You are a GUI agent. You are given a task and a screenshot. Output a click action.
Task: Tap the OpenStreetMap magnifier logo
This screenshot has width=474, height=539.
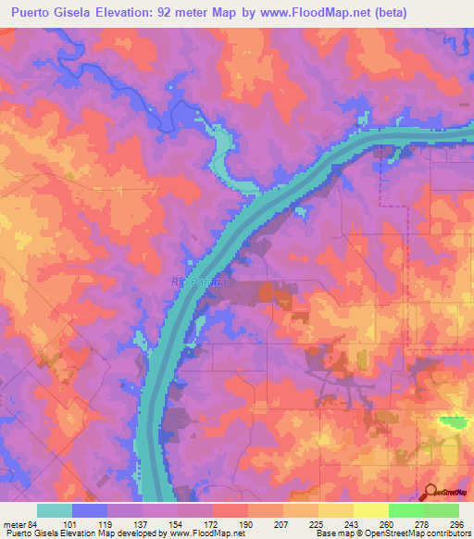pyautogui.click(x=430, y=492)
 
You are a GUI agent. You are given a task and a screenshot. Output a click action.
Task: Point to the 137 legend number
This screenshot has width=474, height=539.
pyautogui.click(x=142, y=523)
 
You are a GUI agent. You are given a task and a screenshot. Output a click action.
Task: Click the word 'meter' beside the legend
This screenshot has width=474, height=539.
pyautogui.click(x=14, y=523)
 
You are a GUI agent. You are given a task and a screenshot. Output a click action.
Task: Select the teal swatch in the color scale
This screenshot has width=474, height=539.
pyautogui.click(x=55, y=510)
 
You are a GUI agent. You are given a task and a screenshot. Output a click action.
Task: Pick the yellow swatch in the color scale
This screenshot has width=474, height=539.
pyautogui.click(x=370, y=510)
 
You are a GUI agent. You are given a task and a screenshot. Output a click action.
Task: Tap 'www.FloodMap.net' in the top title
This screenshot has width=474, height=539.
pyautogui.click(x=315, y=14)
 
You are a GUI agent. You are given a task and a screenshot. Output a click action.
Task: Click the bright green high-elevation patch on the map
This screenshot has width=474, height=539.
pyautogui.click(x=453, y=421)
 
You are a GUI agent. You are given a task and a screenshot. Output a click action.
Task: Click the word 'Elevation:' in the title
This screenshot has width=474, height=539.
pyautogui.click(x=130, y=14)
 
